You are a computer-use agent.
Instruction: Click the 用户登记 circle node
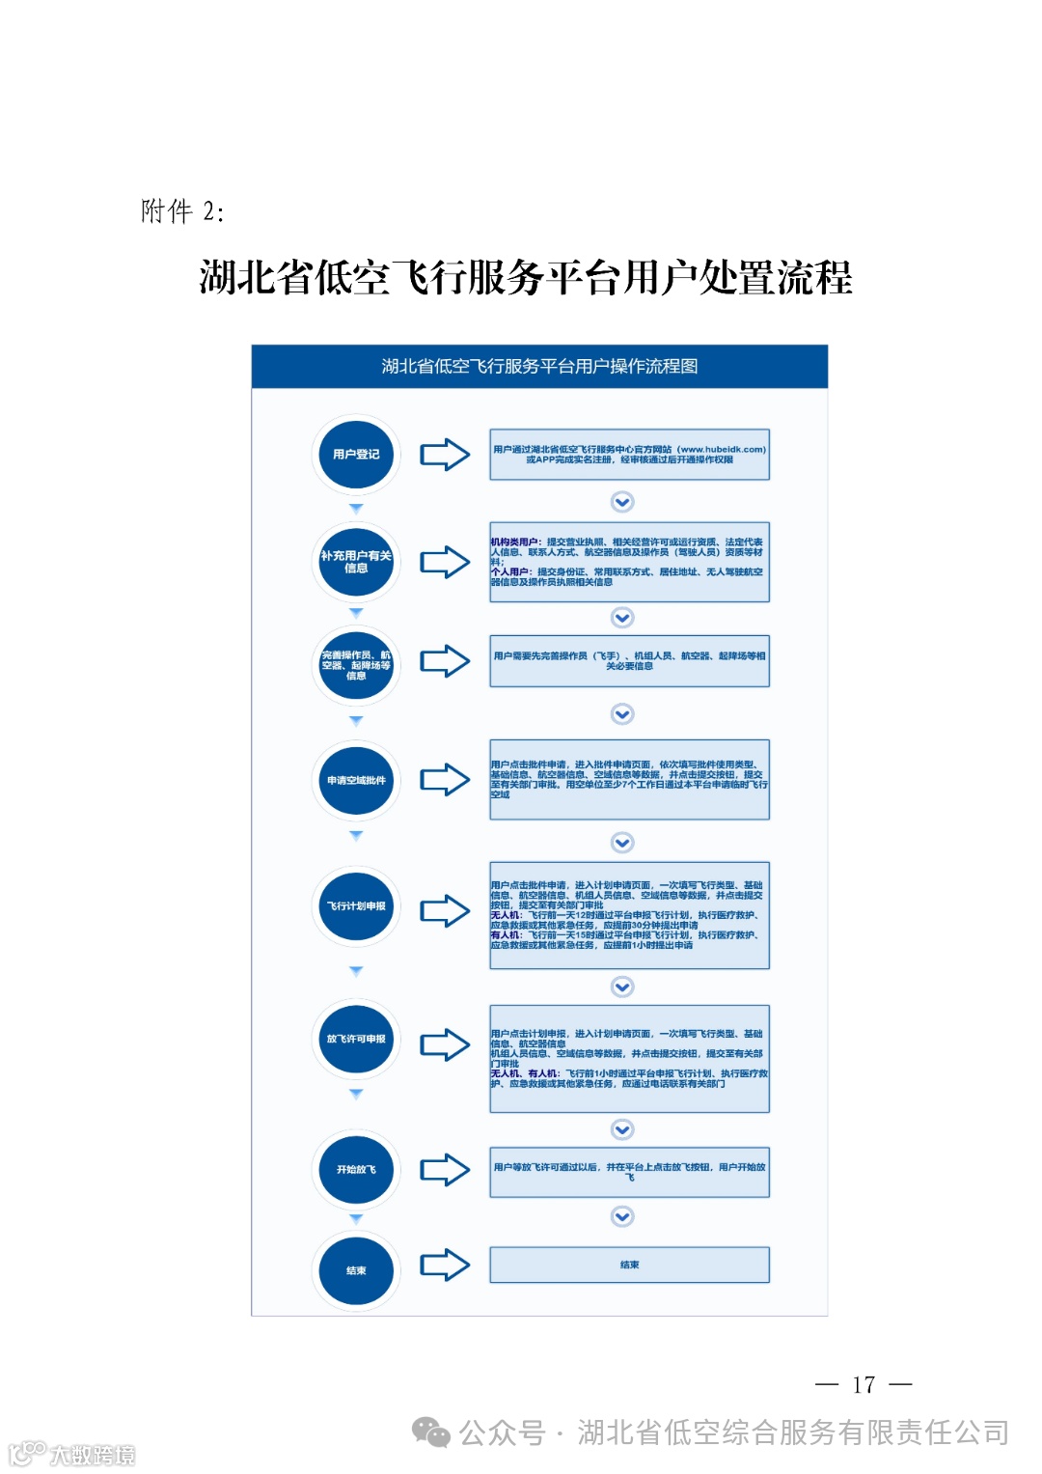(356, 455)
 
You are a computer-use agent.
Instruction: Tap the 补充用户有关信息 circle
(356, 562)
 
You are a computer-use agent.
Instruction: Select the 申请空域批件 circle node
(356, 780)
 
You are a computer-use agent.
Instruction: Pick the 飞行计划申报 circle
(356, 906)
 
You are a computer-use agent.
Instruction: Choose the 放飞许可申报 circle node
(356, 1040)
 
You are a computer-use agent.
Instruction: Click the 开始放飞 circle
(356, 1169)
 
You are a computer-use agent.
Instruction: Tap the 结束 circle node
(356, 1270)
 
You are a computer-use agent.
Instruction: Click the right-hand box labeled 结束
(629, 1265)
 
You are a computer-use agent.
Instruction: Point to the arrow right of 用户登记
(445, 455)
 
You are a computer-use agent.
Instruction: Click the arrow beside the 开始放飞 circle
(445, 1169)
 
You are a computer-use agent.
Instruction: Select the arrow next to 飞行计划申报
(445, 910)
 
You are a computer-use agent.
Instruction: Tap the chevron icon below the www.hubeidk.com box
(623, 502)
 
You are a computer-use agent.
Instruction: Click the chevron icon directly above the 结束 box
(623, 1217)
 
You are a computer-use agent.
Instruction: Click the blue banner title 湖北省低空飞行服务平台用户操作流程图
(539, 367)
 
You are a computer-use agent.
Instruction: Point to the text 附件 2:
(182, 211)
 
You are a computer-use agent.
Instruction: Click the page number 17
(864, 1385)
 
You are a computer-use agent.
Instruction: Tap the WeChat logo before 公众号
(431, 1432)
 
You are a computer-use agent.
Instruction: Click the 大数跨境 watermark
(72, 1454)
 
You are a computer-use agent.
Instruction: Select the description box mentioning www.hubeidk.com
(629, 455)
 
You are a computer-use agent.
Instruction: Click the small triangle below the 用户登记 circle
(356, 509)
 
